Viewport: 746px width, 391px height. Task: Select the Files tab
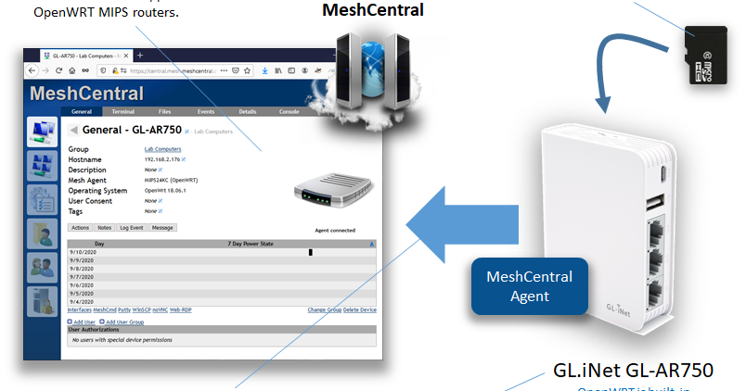click(164, 111)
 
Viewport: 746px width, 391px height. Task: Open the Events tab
click(206, 111)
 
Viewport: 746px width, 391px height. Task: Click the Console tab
click(289, 111)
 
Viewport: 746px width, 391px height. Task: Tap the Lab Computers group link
click(162, 148)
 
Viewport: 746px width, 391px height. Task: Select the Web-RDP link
click(179, 309)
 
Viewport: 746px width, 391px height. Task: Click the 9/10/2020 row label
click(81, 251)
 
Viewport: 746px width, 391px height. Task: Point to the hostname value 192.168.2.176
click(163, 159)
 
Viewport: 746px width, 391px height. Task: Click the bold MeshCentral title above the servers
click(372, 11)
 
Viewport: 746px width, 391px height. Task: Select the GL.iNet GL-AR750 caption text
click(634, 370)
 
